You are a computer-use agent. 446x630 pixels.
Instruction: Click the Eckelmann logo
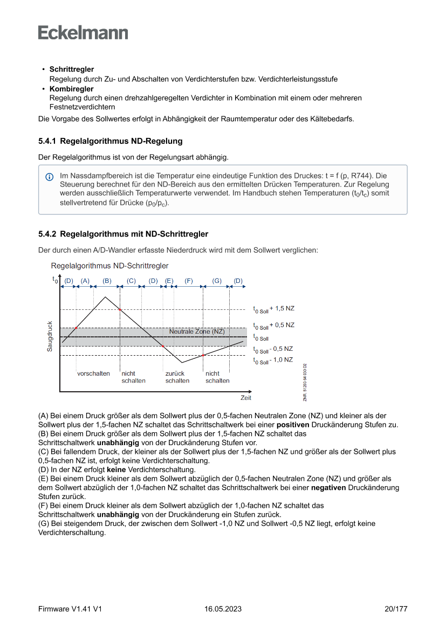click(x=83, y=32)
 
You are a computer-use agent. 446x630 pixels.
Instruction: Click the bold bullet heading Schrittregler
click(x=72, y=70)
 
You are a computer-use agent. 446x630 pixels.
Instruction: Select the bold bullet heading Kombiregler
click(x=71, y=88)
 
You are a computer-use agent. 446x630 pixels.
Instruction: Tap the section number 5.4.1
click(x=47, y=141)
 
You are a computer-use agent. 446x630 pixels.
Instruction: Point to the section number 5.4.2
click(x=47, y=234)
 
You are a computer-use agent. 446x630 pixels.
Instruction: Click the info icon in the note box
click(x=50, y=177)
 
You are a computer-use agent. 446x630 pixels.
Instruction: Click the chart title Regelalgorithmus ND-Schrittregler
click(x=109, y=266)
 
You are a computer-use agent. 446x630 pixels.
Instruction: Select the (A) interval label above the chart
click(x=85, y=281)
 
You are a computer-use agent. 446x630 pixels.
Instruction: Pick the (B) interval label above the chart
click(x=107, y=281)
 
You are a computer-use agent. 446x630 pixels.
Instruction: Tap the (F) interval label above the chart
click(x=189, y=281)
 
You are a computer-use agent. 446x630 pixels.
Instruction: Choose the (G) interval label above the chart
click(x=217, y=281)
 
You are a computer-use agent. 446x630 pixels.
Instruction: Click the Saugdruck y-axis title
click(x=50, y=337)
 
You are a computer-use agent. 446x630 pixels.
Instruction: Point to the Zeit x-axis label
click(x=246, y=398)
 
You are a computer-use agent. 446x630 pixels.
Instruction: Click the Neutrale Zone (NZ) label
click(x=197, y=331)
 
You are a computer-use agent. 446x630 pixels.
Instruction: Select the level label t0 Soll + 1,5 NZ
click(x=274, y=309)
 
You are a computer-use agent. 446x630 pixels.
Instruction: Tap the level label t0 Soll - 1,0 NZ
click(x=273, y=360)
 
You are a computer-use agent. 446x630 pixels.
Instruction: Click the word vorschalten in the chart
click(x=93, y=373)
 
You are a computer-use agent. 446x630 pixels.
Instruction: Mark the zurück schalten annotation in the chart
click(x=177, y=377)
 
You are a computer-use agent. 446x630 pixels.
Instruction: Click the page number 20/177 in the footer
click(x=396, y=609)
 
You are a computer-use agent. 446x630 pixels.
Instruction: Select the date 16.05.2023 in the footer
click(x=223, y=609)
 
